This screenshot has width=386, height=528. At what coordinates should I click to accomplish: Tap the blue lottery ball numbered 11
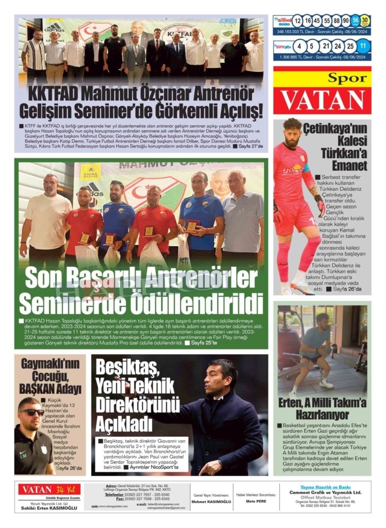point(364,46)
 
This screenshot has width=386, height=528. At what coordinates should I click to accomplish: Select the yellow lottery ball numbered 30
point(365,21)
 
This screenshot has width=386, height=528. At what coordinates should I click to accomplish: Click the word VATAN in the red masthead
point(322,100)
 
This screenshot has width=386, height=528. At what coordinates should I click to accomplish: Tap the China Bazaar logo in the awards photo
point(90,171)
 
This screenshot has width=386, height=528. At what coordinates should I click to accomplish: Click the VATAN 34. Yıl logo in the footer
point(49,488)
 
